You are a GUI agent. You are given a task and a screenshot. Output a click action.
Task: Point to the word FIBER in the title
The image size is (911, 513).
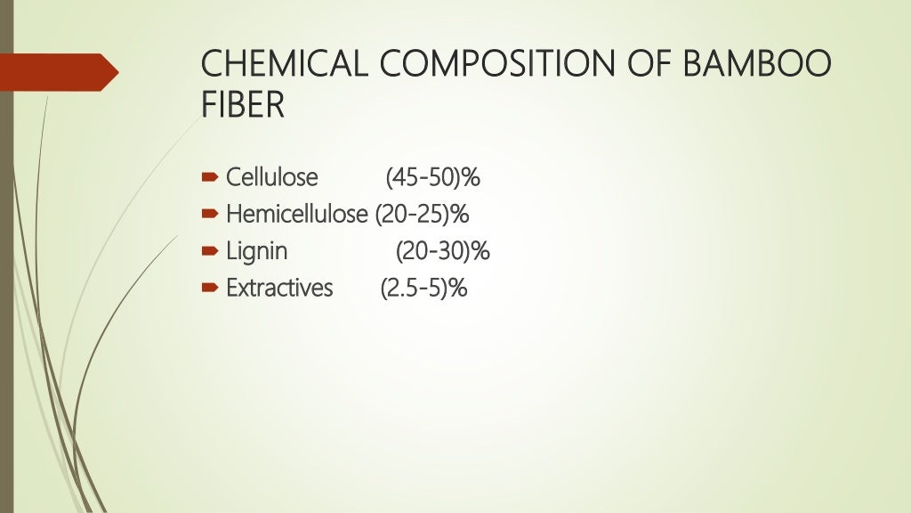pyautogui.click(x=243, y=105)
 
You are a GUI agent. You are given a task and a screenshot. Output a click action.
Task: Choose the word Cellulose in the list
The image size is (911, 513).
pyautogui.click(x=271, y=177)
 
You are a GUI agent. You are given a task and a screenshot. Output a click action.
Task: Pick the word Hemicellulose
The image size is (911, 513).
pyautogui.click(x=296, y=215)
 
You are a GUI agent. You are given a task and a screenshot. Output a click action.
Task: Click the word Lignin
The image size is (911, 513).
pyautogui.click(x=257, y=251)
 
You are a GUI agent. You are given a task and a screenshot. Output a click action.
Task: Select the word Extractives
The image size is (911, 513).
pyautogui.click(x=279, y=289)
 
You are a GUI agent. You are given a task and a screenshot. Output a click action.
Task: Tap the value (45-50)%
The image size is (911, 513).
pyautogui.click(x=432, y=177)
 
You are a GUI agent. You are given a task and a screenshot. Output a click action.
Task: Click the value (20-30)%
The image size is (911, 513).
pyautogui.click(x=442, y=251)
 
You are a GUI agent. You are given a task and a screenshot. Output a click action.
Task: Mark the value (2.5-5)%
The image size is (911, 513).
pyautogui.click(x=423, y=289)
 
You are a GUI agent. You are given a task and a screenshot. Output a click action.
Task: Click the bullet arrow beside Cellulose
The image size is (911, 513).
pyautogui.click(x=209, y=178)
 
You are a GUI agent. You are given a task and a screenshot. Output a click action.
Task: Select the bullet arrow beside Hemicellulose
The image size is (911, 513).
pyautogui.click(x=209, y=215)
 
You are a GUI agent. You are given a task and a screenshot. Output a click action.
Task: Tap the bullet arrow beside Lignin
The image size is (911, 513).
pyautogui.click(x=209, y=252)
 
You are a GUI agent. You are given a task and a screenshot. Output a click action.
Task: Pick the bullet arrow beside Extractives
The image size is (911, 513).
pyautogui.click(x=209, y=289)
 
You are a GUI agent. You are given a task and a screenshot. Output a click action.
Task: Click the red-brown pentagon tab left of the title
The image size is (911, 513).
pyautogui.click(x=58, y=72)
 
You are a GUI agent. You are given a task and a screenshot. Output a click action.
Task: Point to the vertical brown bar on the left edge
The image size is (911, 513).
pyautogui.click(x=5, y=267)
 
